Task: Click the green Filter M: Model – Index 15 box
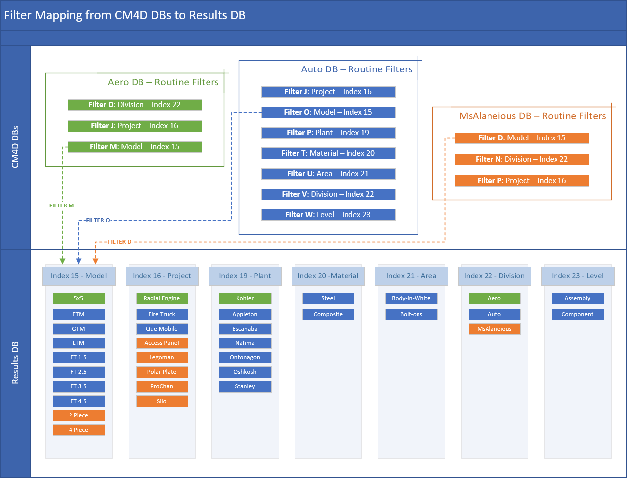(x=135, y=147)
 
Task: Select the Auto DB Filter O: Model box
(x=328, y=112)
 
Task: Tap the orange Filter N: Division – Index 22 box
(x=522, y=159)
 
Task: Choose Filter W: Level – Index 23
(x=328, y=215)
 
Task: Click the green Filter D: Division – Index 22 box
(x=135, y=105)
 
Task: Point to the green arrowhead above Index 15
(x=62, y=261)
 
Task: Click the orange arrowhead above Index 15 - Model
(x=96, y=261)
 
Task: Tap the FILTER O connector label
(x=98, y=220)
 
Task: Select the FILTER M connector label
(x=62, y=205)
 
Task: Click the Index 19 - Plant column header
(x=245, y=276)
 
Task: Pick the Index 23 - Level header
(x=577, y=276)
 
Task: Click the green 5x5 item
(x=78, y=298)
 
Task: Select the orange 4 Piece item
(x=78, y=430)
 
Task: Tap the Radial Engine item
(x=162, y=298)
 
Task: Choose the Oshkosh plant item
(x=245, y=372)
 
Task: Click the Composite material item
(x=328, y=314)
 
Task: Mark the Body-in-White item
(x=411, y=298)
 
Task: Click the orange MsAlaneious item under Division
(x=494, y=329)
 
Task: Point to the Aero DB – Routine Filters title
(x=163, y=82)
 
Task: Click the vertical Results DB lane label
(x=15, y=363)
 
